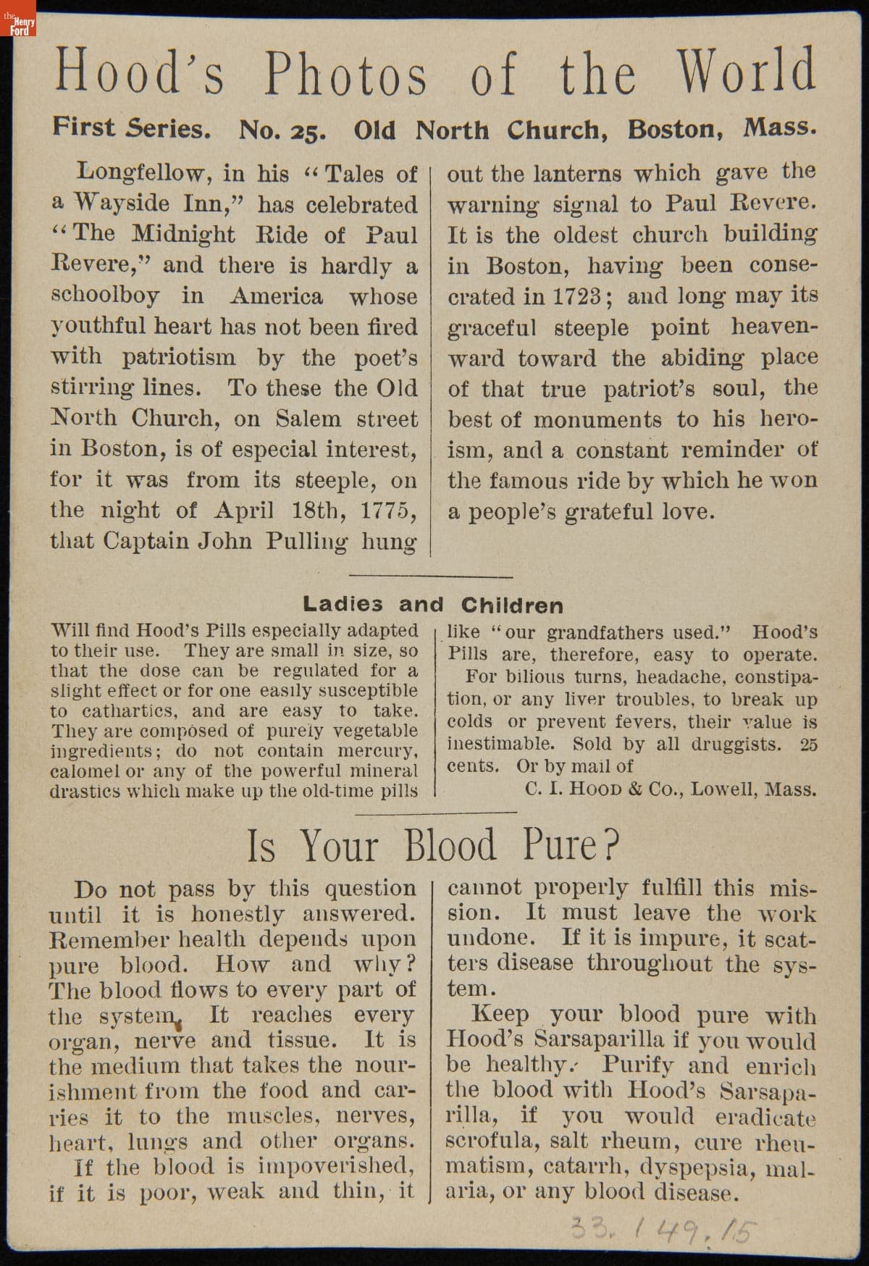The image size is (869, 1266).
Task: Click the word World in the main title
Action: click(x=746, y=72)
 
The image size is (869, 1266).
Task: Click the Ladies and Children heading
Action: click(x=432, y=605)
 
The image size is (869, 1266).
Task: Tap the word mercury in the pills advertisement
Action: click(x=377, y=751)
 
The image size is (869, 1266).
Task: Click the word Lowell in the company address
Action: click(x=724, y=789)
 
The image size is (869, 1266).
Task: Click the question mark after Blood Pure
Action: click(x=612, y=844)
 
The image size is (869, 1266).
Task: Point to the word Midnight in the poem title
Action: click(x=184, y=235)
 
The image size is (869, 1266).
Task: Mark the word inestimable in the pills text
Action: click(x=500, y=744)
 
